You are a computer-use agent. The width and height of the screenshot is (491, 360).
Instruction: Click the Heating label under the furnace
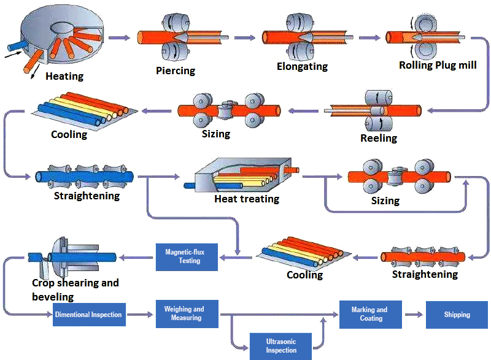point(64,77)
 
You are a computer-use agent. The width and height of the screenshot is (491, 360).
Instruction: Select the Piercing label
point(176,71)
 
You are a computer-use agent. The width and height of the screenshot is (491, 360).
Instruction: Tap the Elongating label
point(302,66)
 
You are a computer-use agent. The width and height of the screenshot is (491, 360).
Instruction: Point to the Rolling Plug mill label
point(438,65)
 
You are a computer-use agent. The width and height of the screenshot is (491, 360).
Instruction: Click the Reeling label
point(379,139)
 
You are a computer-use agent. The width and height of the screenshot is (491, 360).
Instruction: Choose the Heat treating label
point(247,199)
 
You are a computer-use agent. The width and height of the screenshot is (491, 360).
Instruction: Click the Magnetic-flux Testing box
point(187,256)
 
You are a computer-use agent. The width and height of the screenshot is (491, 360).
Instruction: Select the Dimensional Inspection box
point(88,315)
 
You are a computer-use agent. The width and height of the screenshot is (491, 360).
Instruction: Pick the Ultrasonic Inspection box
point(280,346)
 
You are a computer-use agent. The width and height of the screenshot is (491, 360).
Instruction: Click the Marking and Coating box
point(371,314)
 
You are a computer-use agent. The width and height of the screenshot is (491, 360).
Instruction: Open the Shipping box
point(457,315)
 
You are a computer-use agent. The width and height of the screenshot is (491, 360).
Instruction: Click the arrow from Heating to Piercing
point(119,38)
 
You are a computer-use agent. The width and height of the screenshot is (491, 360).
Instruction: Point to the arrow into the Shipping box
point(414,315)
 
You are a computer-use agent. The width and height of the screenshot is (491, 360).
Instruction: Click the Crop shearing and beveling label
point(75,289)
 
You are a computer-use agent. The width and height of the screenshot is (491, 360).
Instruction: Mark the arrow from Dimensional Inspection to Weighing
point(141,315)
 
